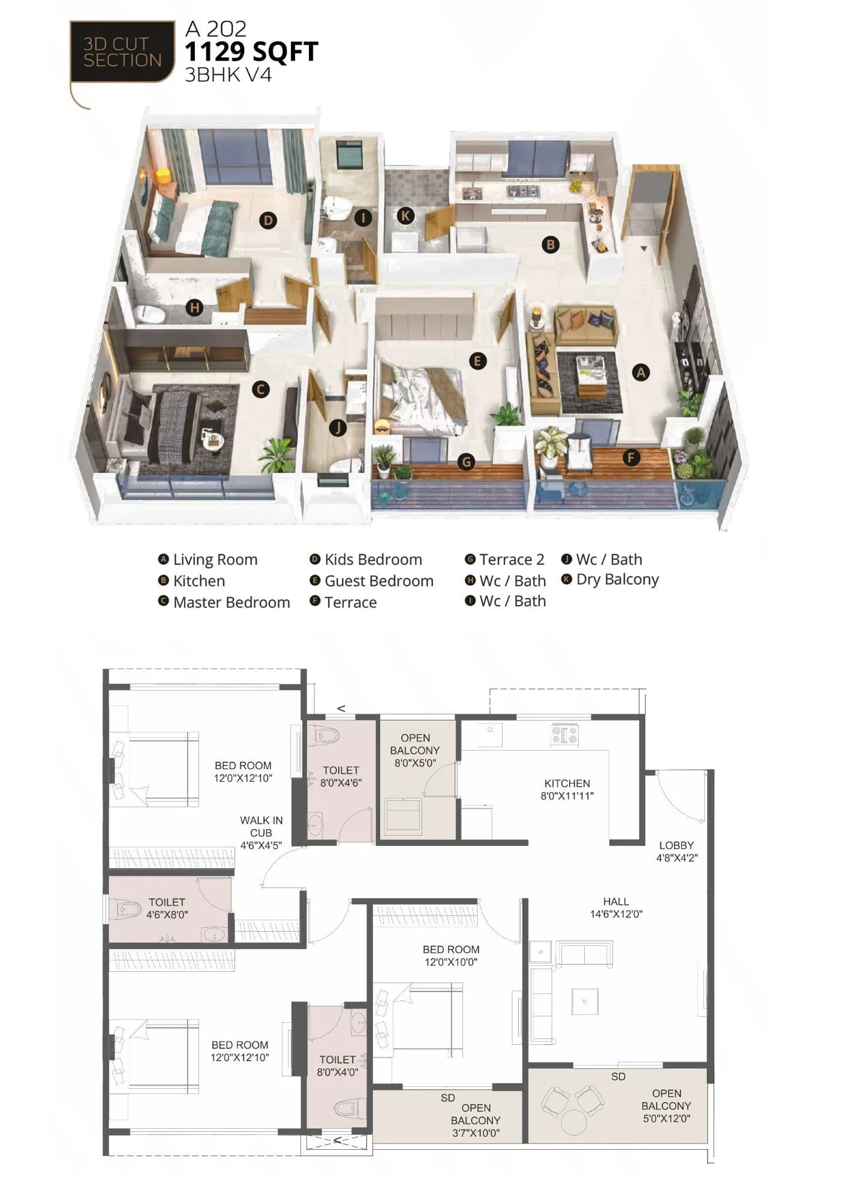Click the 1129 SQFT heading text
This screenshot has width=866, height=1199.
pos(251,52)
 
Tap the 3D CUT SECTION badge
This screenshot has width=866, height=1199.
pos(122,52)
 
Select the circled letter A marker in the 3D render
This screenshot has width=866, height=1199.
pos(641,372)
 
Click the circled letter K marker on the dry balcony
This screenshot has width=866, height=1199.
pos(405,216)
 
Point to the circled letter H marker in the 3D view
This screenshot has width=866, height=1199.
pos(194,308)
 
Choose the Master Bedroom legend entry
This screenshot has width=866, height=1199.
pos(231,602)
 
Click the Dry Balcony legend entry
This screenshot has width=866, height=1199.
pos(617,580)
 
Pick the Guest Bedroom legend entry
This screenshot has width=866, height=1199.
pos(378,581)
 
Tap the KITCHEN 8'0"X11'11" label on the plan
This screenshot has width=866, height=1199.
pos(567,790)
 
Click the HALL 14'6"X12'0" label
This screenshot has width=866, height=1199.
pos(616,908)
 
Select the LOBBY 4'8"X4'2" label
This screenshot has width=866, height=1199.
pos(676,851)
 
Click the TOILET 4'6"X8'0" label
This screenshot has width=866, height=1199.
pos(167,908)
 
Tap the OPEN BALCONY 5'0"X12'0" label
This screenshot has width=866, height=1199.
pos(666,1106)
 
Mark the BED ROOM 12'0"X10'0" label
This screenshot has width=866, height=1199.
pos(451,956)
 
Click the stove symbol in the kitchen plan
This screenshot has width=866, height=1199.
pos(564,734)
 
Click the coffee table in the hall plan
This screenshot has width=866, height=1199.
pos(585,1001)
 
